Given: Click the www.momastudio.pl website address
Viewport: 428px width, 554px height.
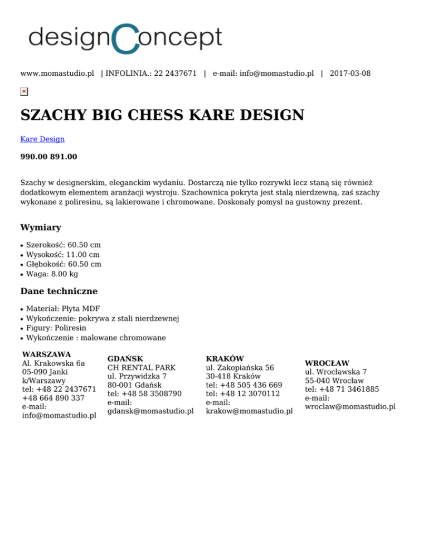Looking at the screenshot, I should tap(57, 73).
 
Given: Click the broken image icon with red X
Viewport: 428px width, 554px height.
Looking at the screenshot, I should tap(24, 91).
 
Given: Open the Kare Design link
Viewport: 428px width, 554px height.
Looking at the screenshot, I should tap(42, 139).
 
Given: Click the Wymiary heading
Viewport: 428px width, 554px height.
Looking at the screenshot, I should tap(41, 227).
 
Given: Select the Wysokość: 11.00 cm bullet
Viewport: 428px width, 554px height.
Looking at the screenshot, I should tap(62, 254).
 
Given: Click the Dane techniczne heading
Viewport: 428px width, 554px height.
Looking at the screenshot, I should tap(59, 291).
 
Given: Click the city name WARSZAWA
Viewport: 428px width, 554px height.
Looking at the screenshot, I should tap(46, 354).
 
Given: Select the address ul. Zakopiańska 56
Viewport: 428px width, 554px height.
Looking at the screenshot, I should tap(240, 368).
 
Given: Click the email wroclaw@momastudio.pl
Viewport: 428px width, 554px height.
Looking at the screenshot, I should tap(350, 406).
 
